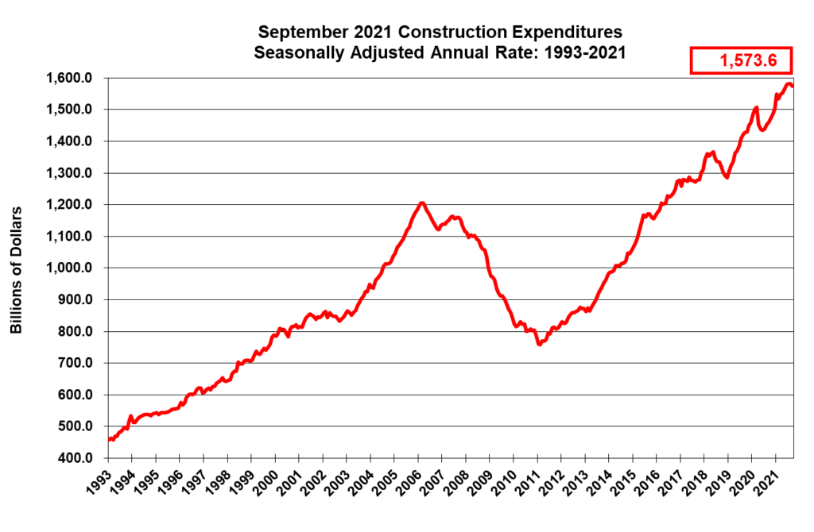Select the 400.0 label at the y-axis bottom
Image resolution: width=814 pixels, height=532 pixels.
click(x=77, y=458)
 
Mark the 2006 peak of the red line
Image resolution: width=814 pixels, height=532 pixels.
click(x=422, y=203)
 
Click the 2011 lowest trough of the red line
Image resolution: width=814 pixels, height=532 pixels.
click(x=539, y=345)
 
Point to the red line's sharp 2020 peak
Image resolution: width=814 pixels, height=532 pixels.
click(x=756, y=108)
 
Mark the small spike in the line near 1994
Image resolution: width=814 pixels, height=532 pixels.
click(x=130, y=415)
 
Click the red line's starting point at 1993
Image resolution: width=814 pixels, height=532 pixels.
click(x=109, y=439)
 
